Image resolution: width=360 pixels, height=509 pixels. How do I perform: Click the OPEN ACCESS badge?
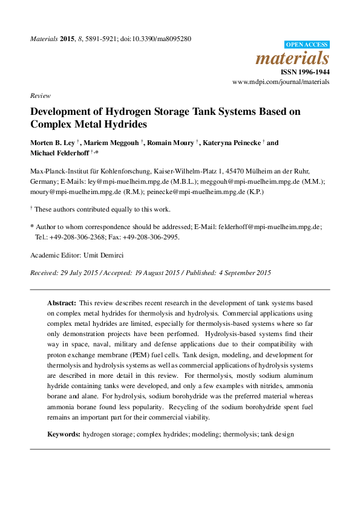307,44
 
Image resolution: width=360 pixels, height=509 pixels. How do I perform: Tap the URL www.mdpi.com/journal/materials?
281,82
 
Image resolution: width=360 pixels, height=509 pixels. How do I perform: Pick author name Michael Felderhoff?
59,154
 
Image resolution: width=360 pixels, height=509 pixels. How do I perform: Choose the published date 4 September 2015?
242,273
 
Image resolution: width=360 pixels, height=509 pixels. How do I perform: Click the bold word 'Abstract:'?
62,302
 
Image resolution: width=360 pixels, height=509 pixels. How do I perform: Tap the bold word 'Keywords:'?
64,435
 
